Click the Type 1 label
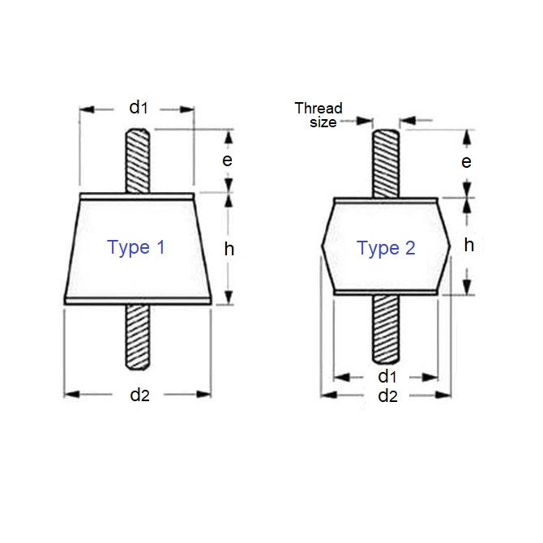[136, 247]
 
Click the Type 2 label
[386, 248]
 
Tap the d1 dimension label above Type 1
[139, 107]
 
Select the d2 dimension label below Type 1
[139, 395]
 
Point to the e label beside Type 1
[228, 160]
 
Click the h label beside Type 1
[229, 250]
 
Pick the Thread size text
[318, 114]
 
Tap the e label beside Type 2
[466, 161]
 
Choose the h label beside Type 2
[468, 244]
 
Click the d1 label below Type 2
[387, 376]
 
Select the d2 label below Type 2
[387, 395]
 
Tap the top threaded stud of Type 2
[385, 162]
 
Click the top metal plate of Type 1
[137, 195]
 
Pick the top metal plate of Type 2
[385, 199]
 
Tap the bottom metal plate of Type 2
[385, 293]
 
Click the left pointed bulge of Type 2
[327, 246]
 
